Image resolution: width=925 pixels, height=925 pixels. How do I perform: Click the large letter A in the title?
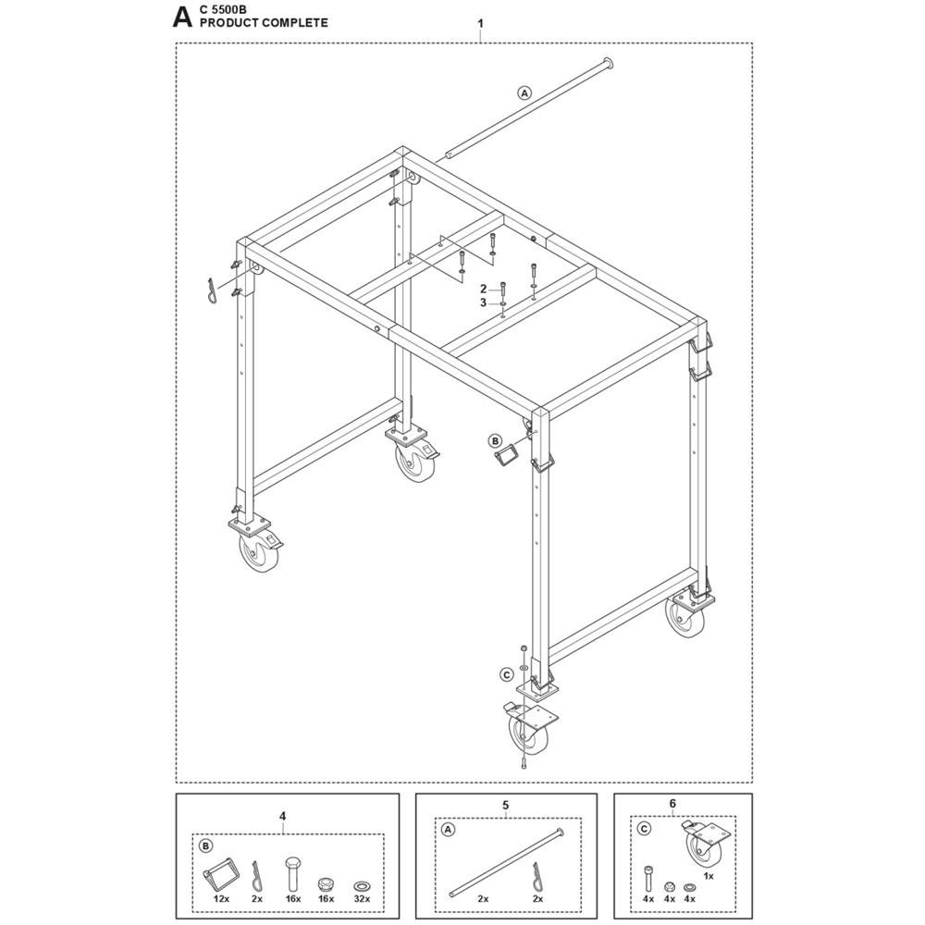point(182,18)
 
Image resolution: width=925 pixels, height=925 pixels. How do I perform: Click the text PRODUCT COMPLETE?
point(264,23)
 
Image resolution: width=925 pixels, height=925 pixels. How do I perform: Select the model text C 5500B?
point(224,10)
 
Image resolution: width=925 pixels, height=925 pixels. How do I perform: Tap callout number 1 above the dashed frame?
point(481,24)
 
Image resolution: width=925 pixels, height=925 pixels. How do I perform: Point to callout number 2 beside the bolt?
point(483,289)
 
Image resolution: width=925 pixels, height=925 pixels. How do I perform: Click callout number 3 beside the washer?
point(483,302)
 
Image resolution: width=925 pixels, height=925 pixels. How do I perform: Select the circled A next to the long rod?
point(524,92)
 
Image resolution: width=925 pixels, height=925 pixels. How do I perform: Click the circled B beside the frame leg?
point(494,440)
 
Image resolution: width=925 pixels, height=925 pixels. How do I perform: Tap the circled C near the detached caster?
point(506,674)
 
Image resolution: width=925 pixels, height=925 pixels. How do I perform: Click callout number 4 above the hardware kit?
point(282,817)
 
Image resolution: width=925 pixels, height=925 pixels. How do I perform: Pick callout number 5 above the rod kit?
point(506,805)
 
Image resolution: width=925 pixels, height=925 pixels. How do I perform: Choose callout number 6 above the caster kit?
point(672,804)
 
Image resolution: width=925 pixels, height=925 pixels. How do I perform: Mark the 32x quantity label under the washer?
point(362,898)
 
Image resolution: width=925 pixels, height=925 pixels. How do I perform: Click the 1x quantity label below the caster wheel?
point(709,876)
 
